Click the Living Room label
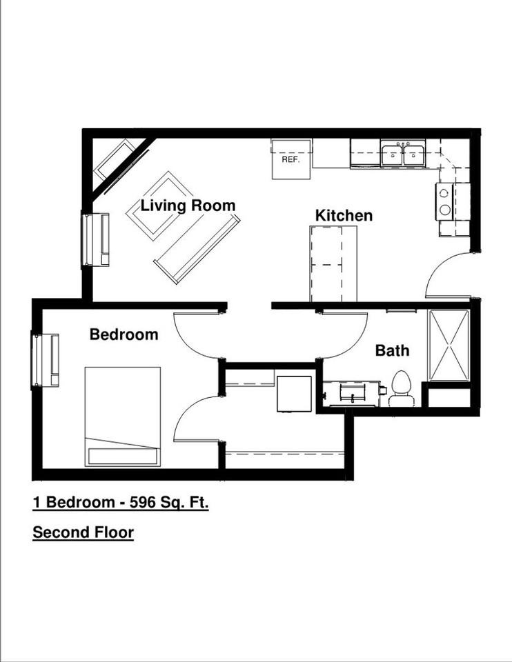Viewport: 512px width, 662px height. [x=188, y=205]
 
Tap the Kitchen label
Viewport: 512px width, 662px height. [x=344, y=215]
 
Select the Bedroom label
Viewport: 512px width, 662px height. [x=124, y=334]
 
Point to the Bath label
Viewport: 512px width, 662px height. [x=392, y=350]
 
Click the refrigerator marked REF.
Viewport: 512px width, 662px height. [x=291, y=159]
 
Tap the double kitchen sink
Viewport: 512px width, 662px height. [x=403, y=154]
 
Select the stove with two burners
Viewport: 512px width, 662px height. [x=444, y=201]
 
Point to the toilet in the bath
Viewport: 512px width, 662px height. [x=401, y=390]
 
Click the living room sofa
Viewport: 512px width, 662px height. [x=197, y=249]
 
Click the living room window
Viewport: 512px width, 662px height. [x=95, y=239]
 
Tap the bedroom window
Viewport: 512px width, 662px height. [x=46, y=359]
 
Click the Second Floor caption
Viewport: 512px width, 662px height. [x=83, y=532]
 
